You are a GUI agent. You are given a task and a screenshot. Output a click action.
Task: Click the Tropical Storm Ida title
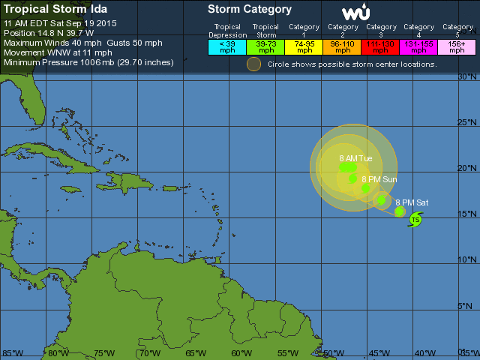(55, 9)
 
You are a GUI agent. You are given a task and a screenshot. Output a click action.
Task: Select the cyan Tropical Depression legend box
(227, 46)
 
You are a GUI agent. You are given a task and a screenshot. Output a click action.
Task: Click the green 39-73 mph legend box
(265, 46)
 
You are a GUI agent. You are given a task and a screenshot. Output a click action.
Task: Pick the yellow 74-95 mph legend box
(304, 46)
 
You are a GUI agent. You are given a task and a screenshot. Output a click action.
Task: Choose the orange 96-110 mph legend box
(343, 46)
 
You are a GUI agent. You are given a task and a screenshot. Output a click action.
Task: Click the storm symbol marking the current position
(415, 219)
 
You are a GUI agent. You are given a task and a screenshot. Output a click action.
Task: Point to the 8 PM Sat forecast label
(412, 202)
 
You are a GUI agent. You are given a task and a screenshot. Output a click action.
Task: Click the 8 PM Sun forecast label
(379, 179)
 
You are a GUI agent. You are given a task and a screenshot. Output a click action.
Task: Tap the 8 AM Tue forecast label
(355, 158)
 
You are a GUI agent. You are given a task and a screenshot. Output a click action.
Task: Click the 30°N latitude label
(468, 77)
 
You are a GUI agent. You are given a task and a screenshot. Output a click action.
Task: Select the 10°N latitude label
(468, 259)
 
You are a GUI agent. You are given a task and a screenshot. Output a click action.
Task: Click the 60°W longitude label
(241, 353)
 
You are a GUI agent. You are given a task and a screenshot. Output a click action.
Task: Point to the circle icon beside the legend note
(254, 64)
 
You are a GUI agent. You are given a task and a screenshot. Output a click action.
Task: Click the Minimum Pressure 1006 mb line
(88, 62)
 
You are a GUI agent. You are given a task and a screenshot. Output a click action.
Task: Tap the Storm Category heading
(250, 10)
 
